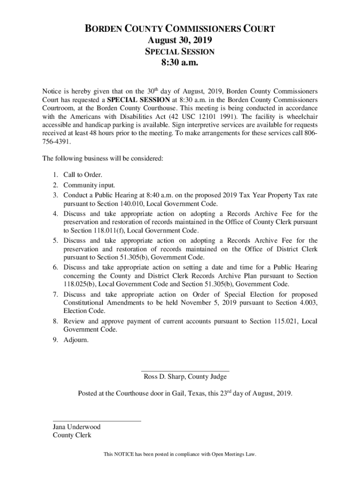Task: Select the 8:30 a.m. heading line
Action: coord(180,62)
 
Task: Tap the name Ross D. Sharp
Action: coord(164,377)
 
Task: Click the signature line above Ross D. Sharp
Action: coord(185,371)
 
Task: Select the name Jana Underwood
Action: coord(76,427)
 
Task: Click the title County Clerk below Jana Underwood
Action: coord(72,435)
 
